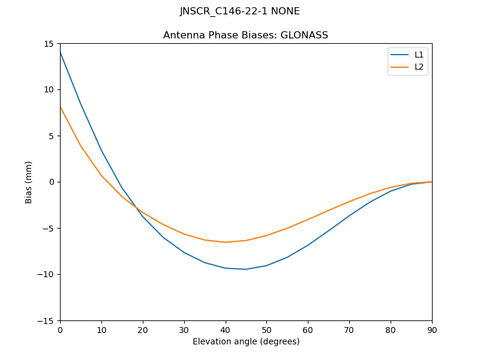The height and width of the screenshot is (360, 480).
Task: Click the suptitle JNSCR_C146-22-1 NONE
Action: [240, 11]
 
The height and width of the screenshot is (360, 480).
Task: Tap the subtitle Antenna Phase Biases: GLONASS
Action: [245, 35]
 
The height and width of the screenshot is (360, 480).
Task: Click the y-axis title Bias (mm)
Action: [29, 182]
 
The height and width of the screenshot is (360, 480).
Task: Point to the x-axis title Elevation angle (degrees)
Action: [246, 341]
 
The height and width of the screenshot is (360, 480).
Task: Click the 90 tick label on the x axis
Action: [432, 329]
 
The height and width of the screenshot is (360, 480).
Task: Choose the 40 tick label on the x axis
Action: [225, 329]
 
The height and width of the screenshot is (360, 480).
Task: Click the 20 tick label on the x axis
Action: [143, 329]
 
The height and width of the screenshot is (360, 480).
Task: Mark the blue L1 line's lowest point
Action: [246, 269]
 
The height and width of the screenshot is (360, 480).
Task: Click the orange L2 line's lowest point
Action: [225, 242]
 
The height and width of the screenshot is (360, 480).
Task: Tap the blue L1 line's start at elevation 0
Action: [60, 52]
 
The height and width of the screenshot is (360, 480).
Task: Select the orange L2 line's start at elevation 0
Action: [60, 107]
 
